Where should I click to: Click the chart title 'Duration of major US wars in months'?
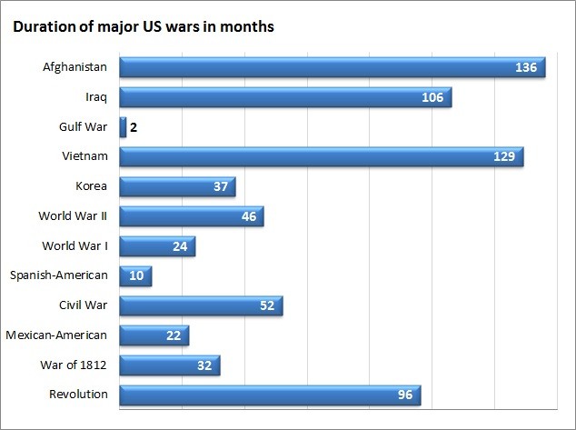coord(143,26)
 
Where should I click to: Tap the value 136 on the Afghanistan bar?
coord(526,68)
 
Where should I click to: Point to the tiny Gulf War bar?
coord(123,127)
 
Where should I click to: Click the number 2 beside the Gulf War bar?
coord(134,127)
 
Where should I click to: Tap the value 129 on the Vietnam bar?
coord(504,157)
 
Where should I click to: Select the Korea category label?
coord(92,186)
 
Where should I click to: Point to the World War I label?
coord(75,245)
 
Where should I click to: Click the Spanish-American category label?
coord(59,275)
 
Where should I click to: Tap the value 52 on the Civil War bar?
coord(267,305)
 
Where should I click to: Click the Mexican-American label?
coord(56,335)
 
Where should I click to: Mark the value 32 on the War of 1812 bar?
coord(204,365)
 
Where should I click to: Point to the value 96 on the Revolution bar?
coord(404,395)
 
